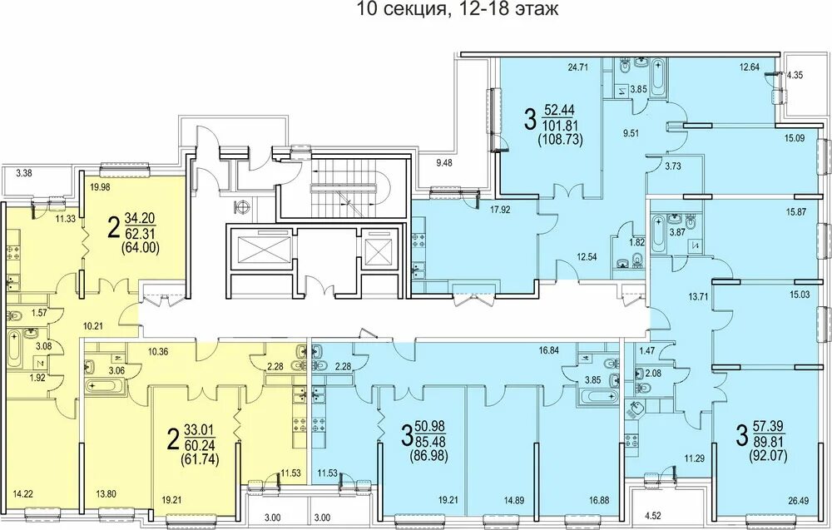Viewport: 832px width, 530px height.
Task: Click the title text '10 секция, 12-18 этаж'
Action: [457, 9]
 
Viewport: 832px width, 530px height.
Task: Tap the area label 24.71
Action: [579, 67]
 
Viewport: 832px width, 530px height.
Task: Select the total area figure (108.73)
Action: [560, 140]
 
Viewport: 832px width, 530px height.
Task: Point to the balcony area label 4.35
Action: [795, 75]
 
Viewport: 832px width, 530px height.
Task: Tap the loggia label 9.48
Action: [444, 163]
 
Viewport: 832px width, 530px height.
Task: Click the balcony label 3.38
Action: [24, 172]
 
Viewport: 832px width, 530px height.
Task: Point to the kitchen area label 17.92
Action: [500, 209]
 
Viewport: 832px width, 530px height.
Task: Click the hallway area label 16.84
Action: [550, 349]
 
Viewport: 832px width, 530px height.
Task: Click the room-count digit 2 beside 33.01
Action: [172, 440]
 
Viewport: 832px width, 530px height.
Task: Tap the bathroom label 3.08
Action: [43, 346]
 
